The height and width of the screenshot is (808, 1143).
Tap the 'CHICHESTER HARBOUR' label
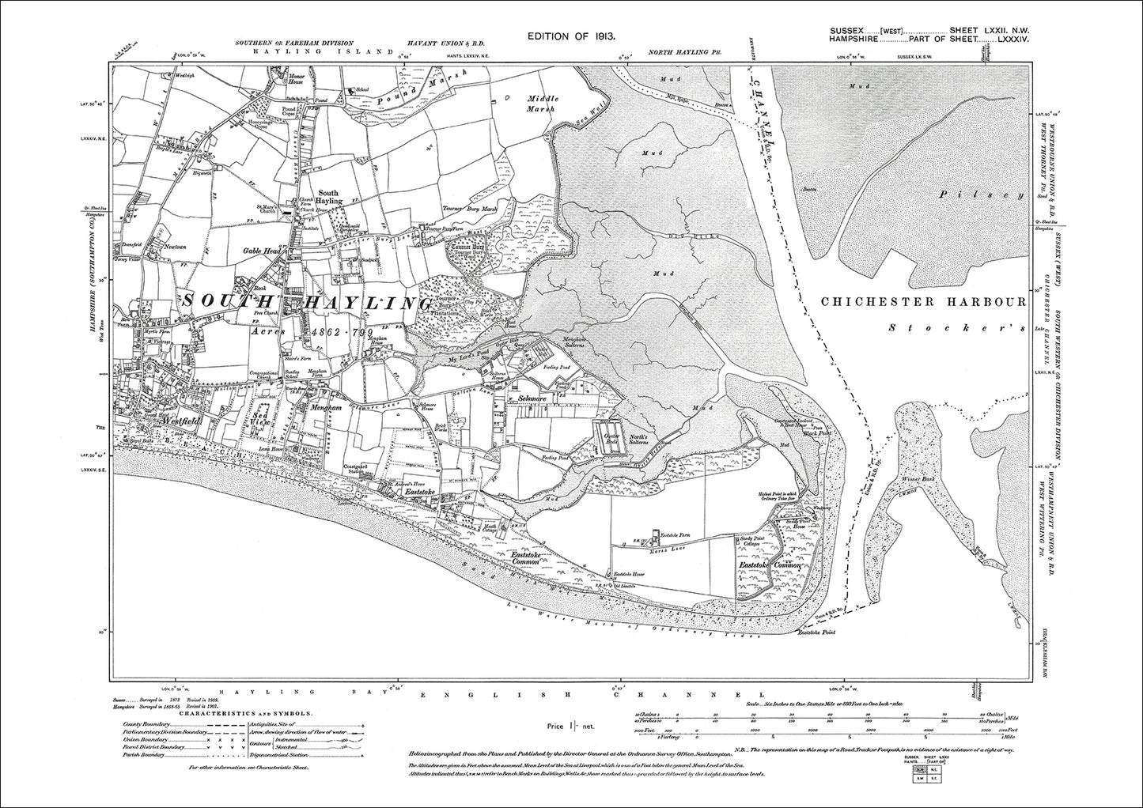(922, 302)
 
